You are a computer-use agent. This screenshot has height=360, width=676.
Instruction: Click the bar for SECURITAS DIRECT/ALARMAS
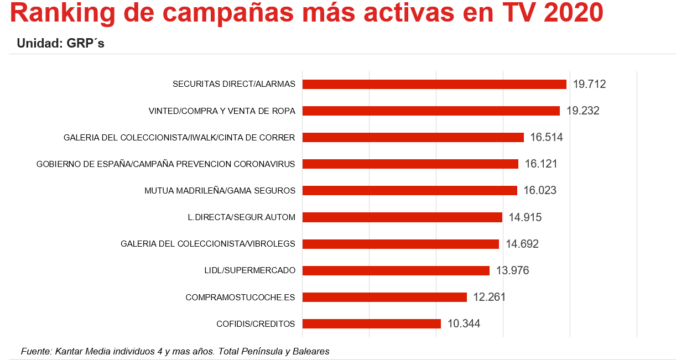click(434, 84)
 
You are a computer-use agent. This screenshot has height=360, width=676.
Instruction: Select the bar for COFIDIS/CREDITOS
click(371, 324)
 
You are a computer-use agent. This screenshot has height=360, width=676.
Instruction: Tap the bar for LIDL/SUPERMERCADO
click(396, 270)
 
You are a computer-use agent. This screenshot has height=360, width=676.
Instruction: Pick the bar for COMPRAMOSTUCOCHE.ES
click(384, 297)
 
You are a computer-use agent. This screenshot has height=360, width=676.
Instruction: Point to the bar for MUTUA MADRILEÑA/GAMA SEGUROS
click(409, 190)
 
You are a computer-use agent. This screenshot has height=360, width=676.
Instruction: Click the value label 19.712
click(589, 84)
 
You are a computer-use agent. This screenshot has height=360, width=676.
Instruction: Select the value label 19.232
click(583, 111)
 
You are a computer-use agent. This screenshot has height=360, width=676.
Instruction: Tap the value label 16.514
click(547, 137)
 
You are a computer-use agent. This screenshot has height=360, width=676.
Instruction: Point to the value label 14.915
click(525, 217)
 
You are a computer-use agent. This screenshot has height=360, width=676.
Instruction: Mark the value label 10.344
click(464, 324)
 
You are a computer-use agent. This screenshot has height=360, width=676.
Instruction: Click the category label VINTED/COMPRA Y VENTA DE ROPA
click(222, 111)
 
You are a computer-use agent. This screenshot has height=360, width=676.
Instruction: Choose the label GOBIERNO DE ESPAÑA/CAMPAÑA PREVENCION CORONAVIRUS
click(166, 164)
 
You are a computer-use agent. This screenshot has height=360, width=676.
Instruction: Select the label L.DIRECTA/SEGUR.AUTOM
click(241, 217)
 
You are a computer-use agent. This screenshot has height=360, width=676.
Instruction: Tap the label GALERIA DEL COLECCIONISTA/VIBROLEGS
click(208, 244)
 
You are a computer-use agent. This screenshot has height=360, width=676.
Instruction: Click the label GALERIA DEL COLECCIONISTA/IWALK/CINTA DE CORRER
click(179, 138)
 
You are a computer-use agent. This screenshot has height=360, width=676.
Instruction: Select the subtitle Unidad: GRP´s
click(60, 43)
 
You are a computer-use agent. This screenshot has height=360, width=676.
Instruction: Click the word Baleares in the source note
click(310, 351)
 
